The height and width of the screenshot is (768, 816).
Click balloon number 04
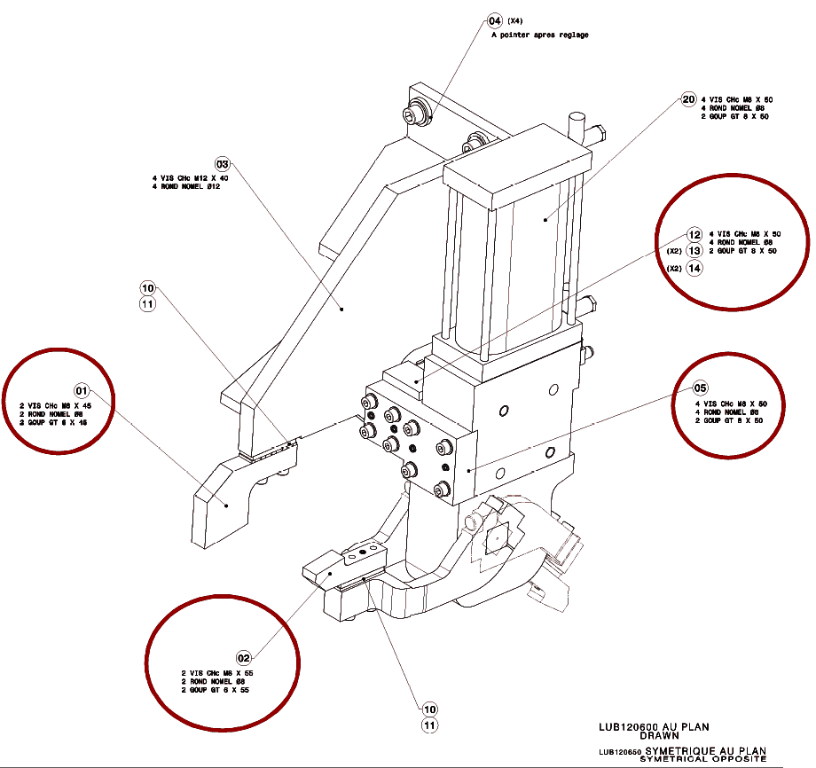(x=496, y=20)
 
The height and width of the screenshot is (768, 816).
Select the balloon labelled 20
(x=688, y=100)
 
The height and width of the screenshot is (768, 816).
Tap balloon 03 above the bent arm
(x=223, y=164)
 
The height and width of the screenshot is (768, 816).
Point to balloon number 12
(x=694, y=235)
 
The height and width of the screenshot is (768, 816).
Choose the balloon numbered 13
(x=694, y=251)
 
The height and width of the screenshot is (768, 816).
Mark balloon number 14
(x=694, y=269)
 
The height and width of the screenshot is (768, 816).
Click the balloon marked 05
(x=701, y=388)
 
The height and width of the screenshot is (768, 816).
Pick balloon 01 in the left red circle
(x=82, y=390)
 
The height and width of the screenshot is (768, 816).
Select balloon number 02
(x=245, y=658)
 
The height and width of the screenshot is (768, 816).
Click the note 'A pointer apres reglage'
(x=539, y=35)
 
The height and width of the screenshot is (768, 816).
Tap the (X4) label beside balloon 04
(x=515, y=20)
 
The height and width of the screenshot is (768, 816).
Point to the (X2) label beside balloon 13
(x=674, y=252)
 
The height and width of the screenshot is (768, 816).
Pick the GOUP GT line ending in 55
(x=220, y=689)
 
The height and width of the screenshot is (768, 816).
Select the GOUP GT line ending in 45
(x=55, y=422)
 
